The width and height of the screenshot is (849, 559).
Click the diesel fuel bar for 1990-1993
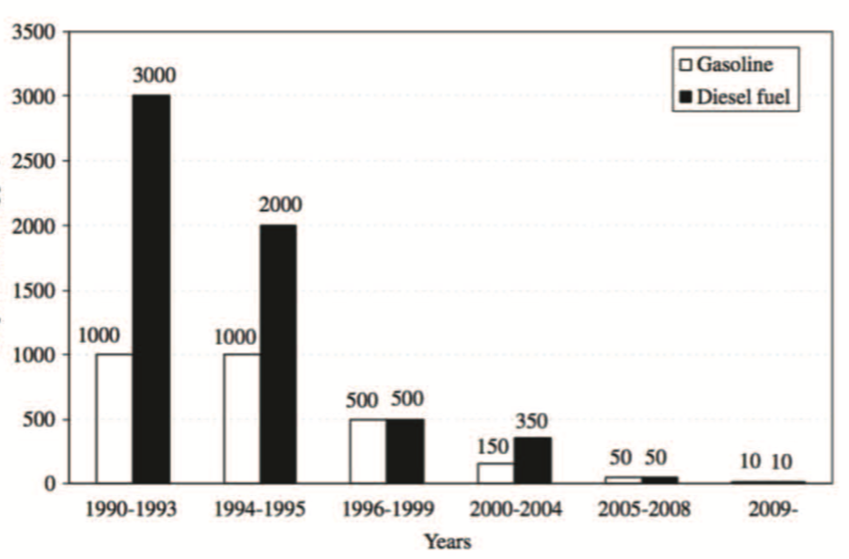[150, 288]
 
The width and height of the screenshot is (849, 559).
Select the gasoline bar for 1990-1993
[114, 418]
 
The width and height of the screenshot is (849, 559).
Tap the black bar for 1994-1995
[278, 353]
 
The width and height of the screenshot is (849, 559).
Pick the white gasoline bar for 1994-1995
[242, 418]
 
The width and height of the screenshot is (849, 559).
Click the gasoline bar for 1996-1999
[368, 451]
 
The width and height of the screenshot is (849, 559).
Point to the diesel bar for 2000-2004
[532, 460]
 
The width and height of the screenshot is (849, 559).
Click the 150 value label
[493, 444]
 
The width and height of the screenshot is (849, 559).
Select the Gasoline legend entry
[727, 66]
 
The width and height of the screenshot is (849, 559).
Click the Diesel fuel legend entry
[737, 97]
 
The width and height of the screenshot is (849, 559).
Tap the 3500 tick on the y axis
[33, 32]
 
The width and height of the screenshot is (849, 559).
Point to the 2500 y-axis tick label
[33, 161]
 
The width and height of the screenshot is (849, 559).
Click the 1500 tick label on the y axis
[33, 289]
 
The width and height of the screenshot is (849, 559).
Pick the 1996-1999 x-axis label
[386, 510]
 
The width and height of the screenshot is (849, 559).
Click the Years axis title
[447, 541]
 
